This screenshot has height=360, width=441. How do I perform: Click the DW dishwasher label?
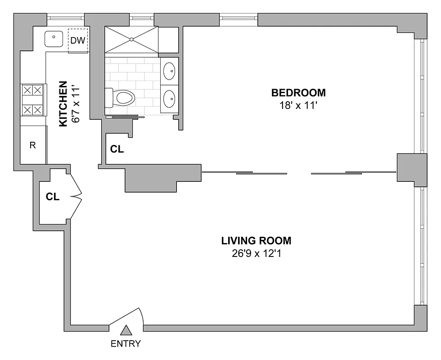[77, 41]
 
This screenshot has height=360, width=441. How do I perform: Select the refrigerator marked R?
[33, 145]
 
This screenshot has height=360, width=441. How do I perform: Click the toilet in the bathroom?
[121, 97]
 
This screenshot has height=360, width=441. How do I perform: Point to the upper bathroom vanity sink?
[169, 71]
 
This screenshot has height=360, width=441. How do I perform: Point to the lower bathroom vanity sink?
[169, 98]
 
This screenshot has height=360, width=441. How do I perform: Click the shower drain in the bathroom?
[131, 40]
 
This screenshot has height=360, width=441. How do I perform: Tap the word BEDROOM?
[298, 93]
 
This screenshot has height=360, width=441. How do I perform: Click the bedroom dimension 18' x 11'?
[298, 106]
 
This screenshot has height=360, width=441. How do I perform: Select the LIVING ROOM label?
[256, 240]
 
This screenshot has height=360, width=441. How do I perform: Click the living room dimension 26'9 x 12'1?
[256, 253]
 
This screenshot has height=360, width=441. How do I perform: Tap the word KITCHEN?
[63, 104]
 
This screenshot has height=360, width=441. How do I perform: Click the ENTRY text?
[126, 344]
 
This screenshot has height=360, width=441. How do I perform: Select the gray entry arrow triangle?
[126, 330]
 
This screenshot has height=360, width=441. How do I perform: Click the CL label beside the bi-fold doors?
[53, 197]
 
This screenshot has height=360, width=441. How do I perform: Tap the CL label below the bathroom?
[117, 149]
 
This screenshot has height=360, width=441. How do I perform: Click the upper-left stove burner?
[28, 90]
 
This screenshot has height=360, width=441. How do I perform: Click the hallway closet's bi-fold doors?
[76, 196]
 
